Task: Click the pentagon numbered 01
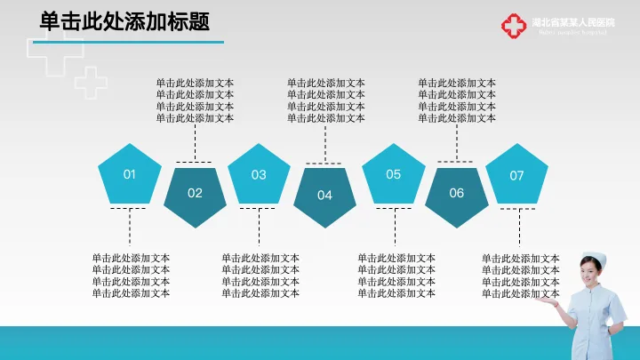click(130, 174)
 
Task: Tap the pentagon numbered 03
click(259, 174)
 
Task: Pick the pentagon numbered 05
click(393, 174)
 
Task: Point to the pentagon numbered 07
click(516, 175)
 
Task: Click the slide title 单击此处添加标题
click(125, 22)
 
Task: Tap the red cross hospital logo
click(513, 27)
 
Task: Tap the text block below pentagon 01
click(131, 276)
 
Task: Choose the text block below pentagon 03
click(260, 276)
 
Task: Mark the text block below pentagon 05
click(396, 276)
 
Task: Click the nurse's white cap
click(595, 259)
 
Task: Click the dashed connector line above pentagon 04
click(325, 144)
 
